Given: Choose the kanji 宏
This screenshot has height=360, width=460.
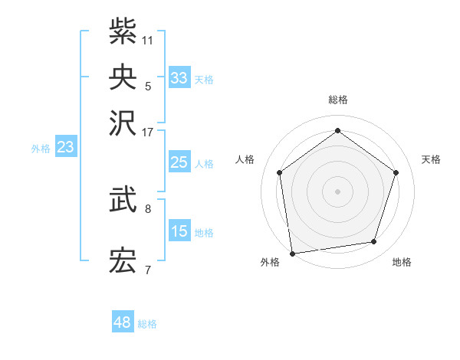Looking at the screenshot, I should pyautogui.click(x=123, y=262).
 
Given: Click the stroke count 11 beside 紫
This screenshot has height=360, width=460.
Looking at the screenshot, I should pyautogui.click(x=148, y=39).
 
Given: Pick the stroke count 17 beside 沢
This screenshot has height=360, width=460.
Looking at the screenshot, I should pyautogui.click(x=148, y=131).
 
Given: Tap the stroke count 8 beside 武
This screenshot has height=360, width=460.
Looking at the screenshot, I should pyautogui.click(x=148, y=208).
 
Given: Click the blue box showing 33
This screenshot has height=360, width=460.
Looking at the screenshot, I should pyautogui.click(x=179, y=78).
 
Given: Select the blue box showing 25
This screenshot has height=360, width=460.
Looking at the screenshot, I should pyautogui.click(x=179, y=162).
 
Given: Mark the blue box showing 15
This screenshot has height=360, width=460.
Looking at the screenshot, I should pyautogui.click(x=179, y=231).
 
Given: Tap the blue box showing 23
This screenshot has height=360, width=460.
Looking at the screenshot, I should pyautogui.click(x=65, y=147).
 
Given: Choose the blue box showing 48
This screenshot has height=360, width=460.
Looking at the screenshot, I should pyautogui.click(x=123, y=322).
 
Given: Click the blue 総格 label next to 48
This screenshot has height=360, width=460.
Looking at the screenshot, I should pyautogui.click(x=147, y=324).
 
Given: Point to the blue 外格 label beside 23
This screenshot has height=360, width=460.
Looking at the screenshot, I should pyautogui.click(x=41, y=149).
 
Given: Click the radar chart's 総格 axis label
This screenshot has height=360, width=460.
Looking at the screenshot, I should pyautogui.click(x=337, y=100).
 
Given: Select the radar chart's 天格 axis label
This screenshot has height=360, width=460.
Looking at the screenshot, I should pyautogui.click(x=431, y=159).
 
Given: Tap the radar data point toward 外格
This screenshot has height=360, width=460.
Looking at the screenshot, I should pyautogui.click(x=292, y=252).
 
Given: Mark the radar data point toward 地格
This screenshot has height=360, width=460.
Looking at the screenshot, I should pyautogui.click(x=374, y=242).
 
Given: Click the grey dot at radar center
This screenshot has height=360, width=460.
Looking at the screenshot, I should pyautogui.click(x=337, y=191).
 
